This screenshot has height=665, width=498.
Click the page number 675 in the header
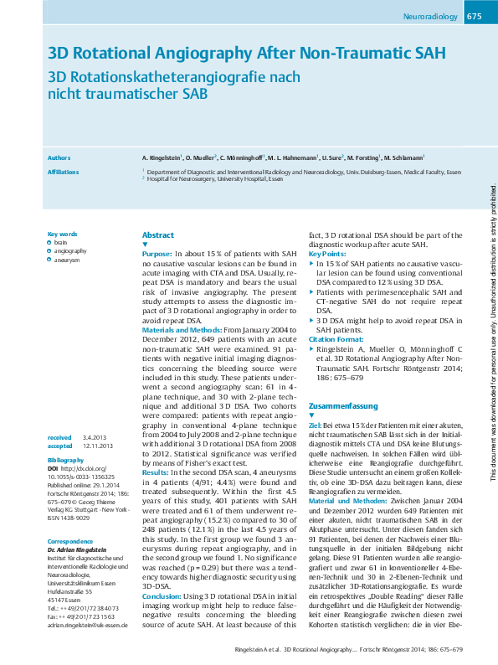(x=473, y=17)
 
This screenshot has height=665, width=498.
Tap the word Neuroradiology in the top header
(x=430, y=17)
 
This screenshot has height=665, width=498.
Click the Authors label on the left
(x=59, y=157)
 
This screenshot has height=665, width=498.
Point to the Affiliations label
(x=64, y=172)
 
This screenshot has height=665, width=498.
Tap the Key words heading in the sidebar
(x=63, y=234)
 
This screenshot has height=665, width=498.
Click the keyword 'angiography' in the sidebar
(x=70, y=250)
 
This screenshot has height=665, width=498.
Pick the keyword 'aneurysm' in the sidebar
(x=67, y=260)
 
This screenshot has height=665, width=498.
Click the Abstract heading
(x=158, y=235)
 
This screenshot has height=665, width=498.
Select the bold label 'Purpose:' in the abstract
(x=157, y=253)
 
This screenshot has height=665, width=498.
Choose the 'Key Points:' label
(x=327, y=253)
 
